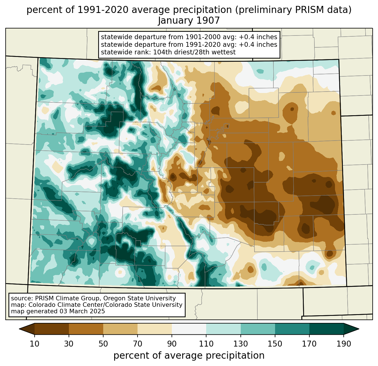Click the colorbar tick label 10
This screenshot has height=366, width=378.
click(34, 344)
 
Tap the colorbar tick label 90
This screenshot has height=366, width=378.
click(172, 344)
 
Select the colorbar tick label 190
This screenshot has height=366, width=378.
click(344, 344)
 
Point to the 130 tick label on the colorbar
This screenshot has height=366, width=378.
click(240, 344)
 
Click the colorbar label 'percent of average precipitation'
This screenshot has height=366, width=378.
click(189, 356)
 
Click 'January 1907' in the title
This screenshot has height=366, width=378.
click(189, 21)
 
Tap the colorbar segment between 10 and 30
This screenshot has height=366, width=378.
click(52, 329)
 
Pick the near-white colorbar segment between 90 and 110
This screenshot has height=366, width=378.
click(189, 329)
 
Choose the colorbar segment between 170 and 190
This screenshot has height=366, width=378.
click(327, 329)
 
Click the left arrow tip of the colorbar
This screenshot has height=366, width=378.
click(19, 329)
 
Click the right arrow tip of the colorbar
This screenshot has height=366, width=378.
click(359, 329)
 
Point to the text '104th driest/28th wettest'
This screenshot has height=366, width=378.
click(194, 52)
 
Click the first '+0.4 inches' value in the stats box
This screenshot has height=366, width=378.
click(258, 37)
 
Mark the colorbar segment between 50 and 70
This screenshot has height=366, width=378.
click(120, 329)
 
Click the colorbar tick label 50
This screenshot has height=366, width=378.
click(103, 344)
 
